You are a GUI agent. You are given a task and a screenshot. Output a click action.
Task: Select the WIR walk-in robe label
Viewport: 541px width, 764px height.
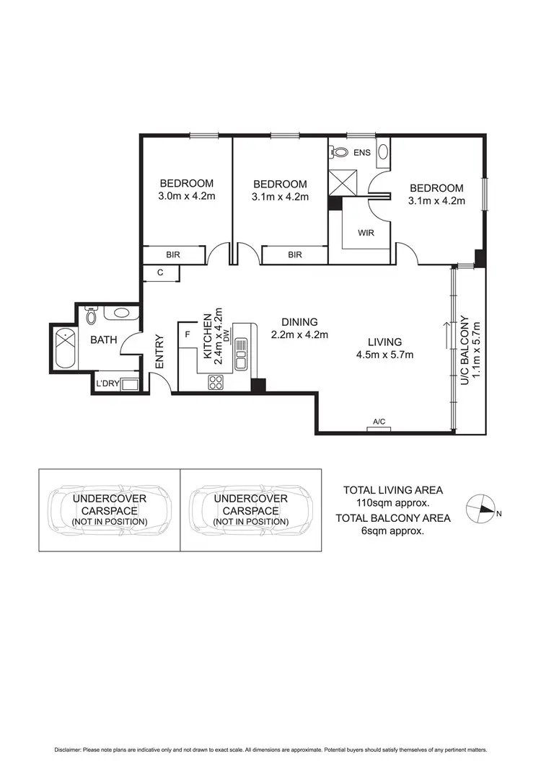[366, 233]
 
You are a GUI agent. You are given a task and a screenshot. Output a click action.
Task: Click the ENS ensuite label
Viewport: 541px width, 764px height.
[361, 153]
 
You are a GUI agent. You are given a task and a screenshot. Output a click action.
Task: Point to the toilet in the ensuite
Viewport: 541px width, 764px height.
[338, 152]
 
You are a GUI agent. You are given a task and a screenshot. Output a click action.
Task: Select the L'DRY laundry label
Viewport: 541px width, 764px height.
[106, 383]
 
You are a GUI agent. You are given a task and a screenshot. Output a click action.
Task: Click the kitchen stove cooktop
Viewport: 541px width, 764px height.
[217, 383]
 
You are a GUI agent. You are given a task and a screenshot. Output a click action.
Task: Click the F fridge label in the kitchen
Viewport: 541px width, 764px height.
[188, 334]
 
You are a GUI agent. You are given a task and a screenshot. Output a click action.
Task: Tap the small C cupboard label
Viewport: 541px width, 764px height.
[161, 273]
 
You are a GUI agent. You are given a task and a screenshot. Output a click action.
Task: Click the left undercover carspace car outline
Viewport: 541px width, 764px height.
[108, 509]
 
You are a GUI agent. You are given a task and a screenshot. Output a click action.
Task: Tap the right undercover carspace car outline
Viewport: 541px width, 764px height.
[250, 509]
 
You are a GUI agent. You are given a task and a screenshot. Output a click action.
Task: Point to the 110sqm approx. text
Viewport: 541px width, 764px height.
[393, 502]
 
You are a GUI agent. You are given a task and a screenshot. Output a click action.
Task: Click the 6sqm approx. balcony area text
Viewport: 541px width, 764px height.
[393, 530]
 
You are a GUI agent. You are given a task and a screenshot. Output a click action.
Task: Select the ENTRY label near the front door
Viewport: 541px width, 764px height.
[160, 352]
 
